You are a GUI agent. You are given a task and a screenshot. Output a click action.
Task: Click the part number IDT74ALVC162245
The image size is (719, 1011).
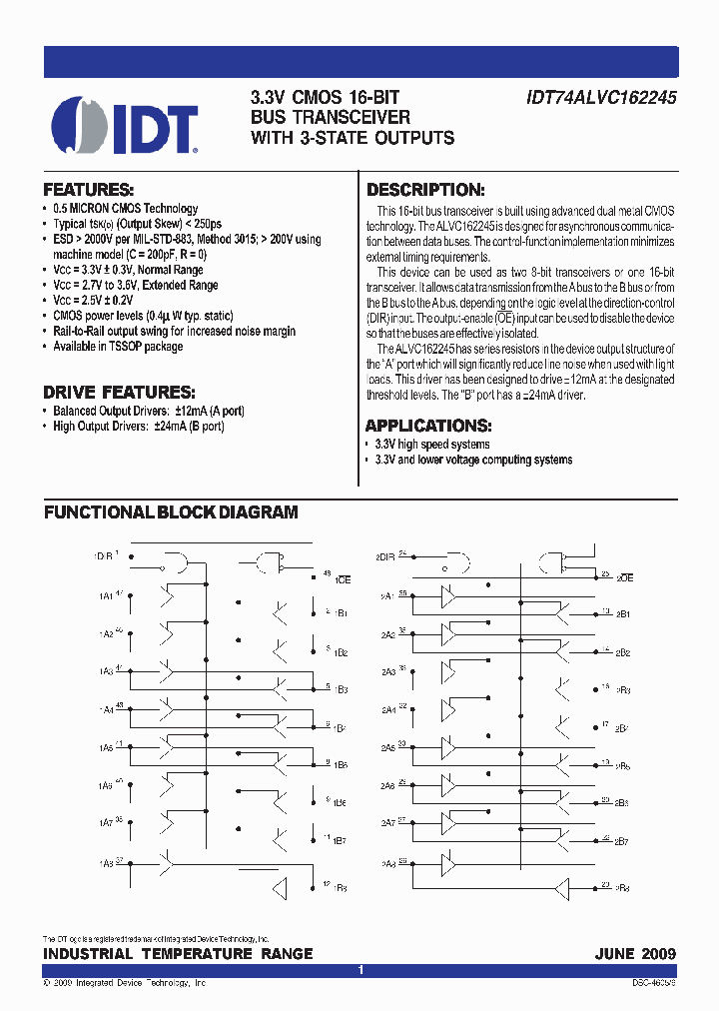pyautogui.click(x=601, y=99)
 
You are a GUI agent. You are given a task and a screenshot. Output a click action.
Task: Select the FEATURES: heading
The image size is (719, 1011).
pyautogui.click(x=89, y=190)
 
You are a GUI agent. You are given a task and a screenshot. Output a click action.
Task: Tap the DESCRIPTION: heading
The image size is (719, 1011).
pyautogui.click(x=425, y=190)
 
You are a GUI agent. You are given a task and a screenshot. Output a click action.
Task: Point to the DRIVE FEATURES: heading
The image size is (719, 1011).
pyautogui.click(x=119, y=392)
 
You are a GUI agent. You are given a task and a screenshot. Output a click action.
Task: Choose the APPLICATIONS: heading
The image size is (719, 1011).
pyautogui.click(x=427, y=425)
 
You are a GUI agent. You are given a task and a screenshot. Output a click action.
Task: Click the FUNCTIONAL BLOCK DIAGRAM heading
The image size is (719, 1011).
pyautogui.click(x=171, y=512)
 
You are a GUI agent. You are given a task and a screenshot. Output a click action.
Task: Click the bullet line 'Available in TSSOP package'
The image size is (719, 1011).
pyautogui.click(x=118, y=347)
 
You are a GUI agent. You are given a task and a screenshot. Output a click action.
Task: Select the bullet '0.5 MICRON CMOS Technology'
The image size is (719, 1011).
pyautogui.click(x=125, y=209)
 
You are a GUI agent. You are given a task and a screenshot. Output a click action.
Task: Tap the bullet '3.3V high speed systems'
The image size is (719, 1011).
pyautogui.click(x=431, y=445)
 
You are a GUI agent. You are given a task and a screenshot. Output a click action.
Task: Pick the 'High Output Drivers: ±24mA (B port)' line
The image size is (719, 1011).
pyautogui.click(x=138, y=427)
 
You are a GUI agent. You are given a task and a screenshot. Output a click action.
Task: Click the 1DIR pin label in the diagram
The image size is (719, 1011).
pyautogui.click(x=103, y=554)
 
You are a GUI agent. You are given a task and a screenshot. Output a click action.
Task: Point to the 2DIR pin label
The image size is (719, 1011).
pyautogui.click(x=384, y=554)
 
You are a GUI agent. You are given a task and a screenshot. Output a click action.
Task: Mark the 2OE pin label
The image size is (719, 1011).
pyautogui.click(x=624, y=578)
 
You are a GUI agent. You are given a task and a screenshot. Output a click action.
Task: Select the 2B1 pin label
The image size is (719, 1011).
pyautogui.click(x=622, y=614)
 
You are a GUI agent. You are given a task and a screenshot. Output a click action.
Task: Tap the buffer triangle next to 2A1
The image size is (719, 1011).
pyautogui.click(x=449, y=597)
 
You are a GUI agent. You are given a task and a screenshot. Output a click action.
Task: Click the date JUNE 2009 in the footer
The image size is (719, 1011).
pyautogui.click(x=635, y=954)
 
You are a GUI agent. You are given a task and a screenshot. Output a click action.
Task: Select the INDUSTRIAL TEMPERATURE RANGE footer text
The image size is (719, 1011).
pyautogui.click(x=178, y=954)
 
